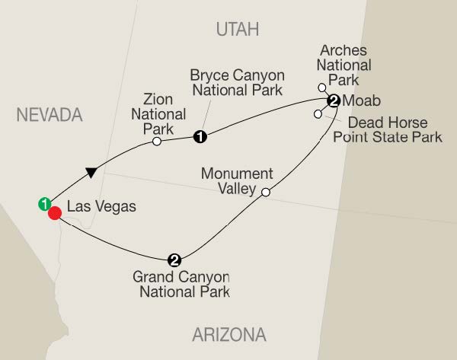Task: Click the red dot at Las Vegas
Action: coord(55,213)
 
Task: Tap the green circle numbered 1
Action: coord(44,203)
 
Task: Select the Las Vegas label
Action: coord(95,206)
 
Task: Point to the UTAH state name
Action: coord(238,29)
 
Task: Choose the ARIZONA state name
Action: coord(230,333)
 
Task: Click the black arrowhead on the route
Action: coord(91,172)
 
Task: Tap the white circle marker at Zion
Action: coord(156,141)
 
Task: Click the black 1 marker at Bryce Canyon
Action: coord(200,138)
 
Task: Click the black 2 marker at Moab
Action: coord(333,100)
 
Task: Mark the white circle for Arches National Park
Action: coord(321,88)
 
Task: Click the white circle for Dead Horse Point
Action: coord(317,114)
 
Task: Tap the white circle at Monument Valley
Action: coord(265,193)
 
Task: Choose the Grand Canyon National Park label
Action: coord(181,284)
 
